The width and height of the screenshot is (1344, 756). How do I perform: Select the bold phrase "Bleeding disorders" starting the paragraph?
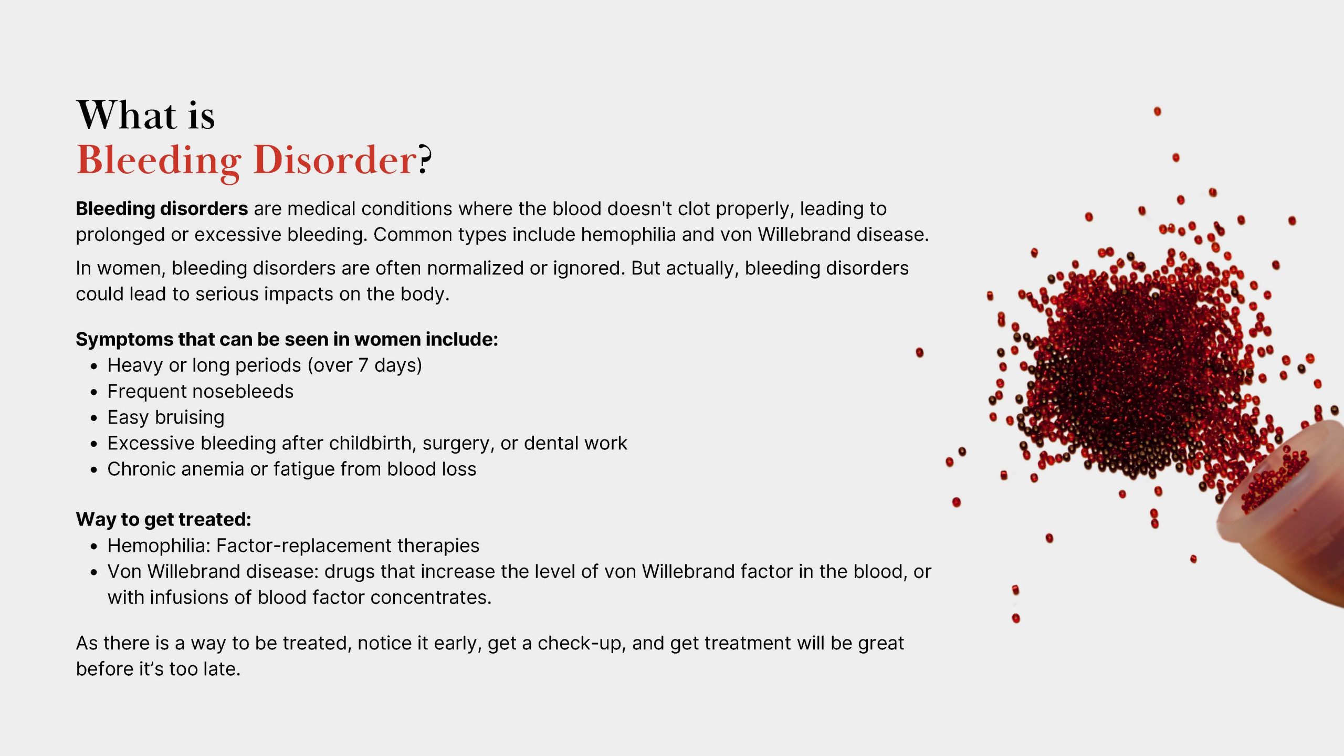click(162, 208)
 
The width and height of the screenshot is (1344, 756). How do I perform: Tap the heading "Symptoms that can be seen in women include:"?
click(287, 339)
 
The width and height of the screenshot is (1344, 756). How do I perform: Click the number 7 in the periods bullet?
click(363, 365)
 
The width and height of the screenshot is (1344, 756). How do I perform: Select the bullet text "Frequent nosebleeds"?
click(200, 391)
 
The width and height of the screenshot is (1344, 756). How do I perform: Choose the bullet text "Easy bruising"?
click(166, 417)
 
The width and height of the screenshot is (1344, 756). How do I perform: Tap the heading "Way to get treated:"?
click(163, 519)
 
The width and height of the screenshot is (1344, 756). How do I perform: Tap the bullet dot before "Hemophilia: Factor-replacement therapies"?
click(94, 547)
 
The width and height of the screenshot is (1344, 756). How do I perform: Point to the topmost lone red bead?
click(1157, 111)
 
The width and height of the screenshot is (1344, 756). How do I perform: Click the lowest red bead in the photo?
click(1016, 618)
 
